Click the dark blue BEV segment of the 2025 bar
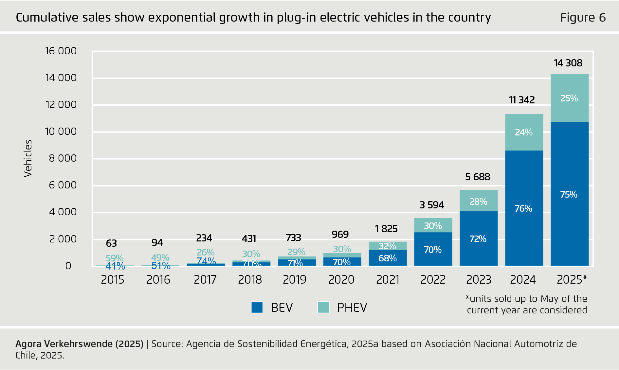click(570, 222)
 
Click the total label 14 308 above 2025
click(568, 63)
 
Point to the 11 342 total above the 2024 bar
click(522, 100)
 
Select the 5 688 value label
click(478, 177)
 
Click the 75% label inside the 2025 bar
click(569, 194)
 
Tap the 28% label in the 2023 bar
click(478, 202)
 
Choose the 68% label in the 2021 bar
click(388, 258)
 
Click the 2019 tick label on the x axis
click(295, 280)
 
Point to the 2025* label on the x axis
click(572, 280)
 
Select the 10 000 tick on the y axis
click(61, 132)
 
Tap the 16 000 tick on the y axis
click(61, 51)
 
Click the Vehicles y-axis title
click(28, 158)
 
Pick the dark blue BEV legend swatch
click(257, 307)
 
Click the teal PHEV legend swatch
click(323, 307)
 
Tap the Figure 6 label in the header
click(583, 17)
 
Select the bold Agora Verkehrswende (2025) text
click(79, 344)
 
